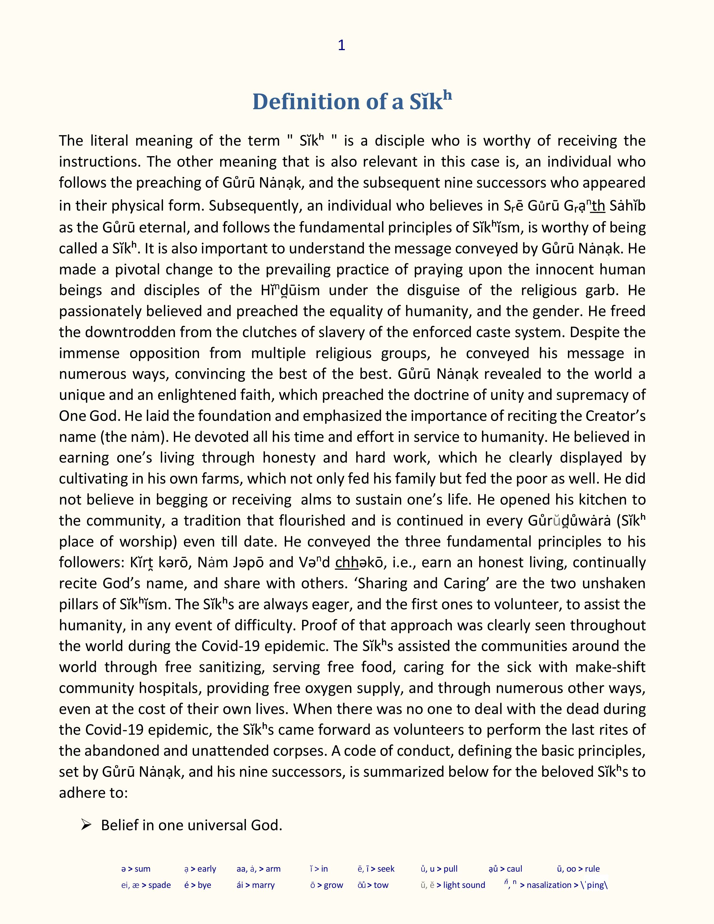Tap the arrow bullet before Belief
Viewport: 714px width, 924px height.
[86, 825]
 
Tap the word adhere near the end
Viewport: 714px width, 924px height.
[78, 792]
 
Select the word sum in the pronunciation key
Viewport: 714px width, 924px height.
[143, 869]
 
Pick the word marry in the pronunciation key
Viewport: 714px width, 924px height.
[263, 885]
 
